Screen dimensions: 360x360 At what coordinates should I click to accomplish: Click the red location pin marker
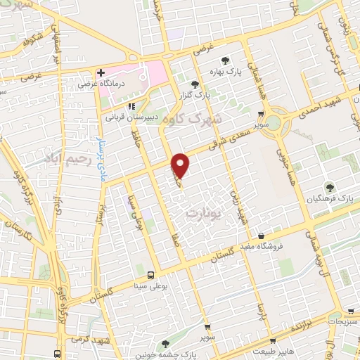click(181, 165)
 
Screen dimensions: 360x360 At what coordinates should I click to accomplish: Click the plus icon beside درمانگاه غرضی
click(101, 72)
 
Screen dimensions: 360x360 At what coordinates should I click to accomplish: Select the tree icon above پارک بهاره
click(225, 60)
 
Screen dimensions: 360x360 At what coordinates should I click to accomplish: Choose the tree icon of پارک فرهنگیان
click(329, 188)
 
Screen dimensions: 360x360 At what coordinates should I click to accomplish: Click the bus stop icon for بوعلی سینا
click(151, 274)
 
